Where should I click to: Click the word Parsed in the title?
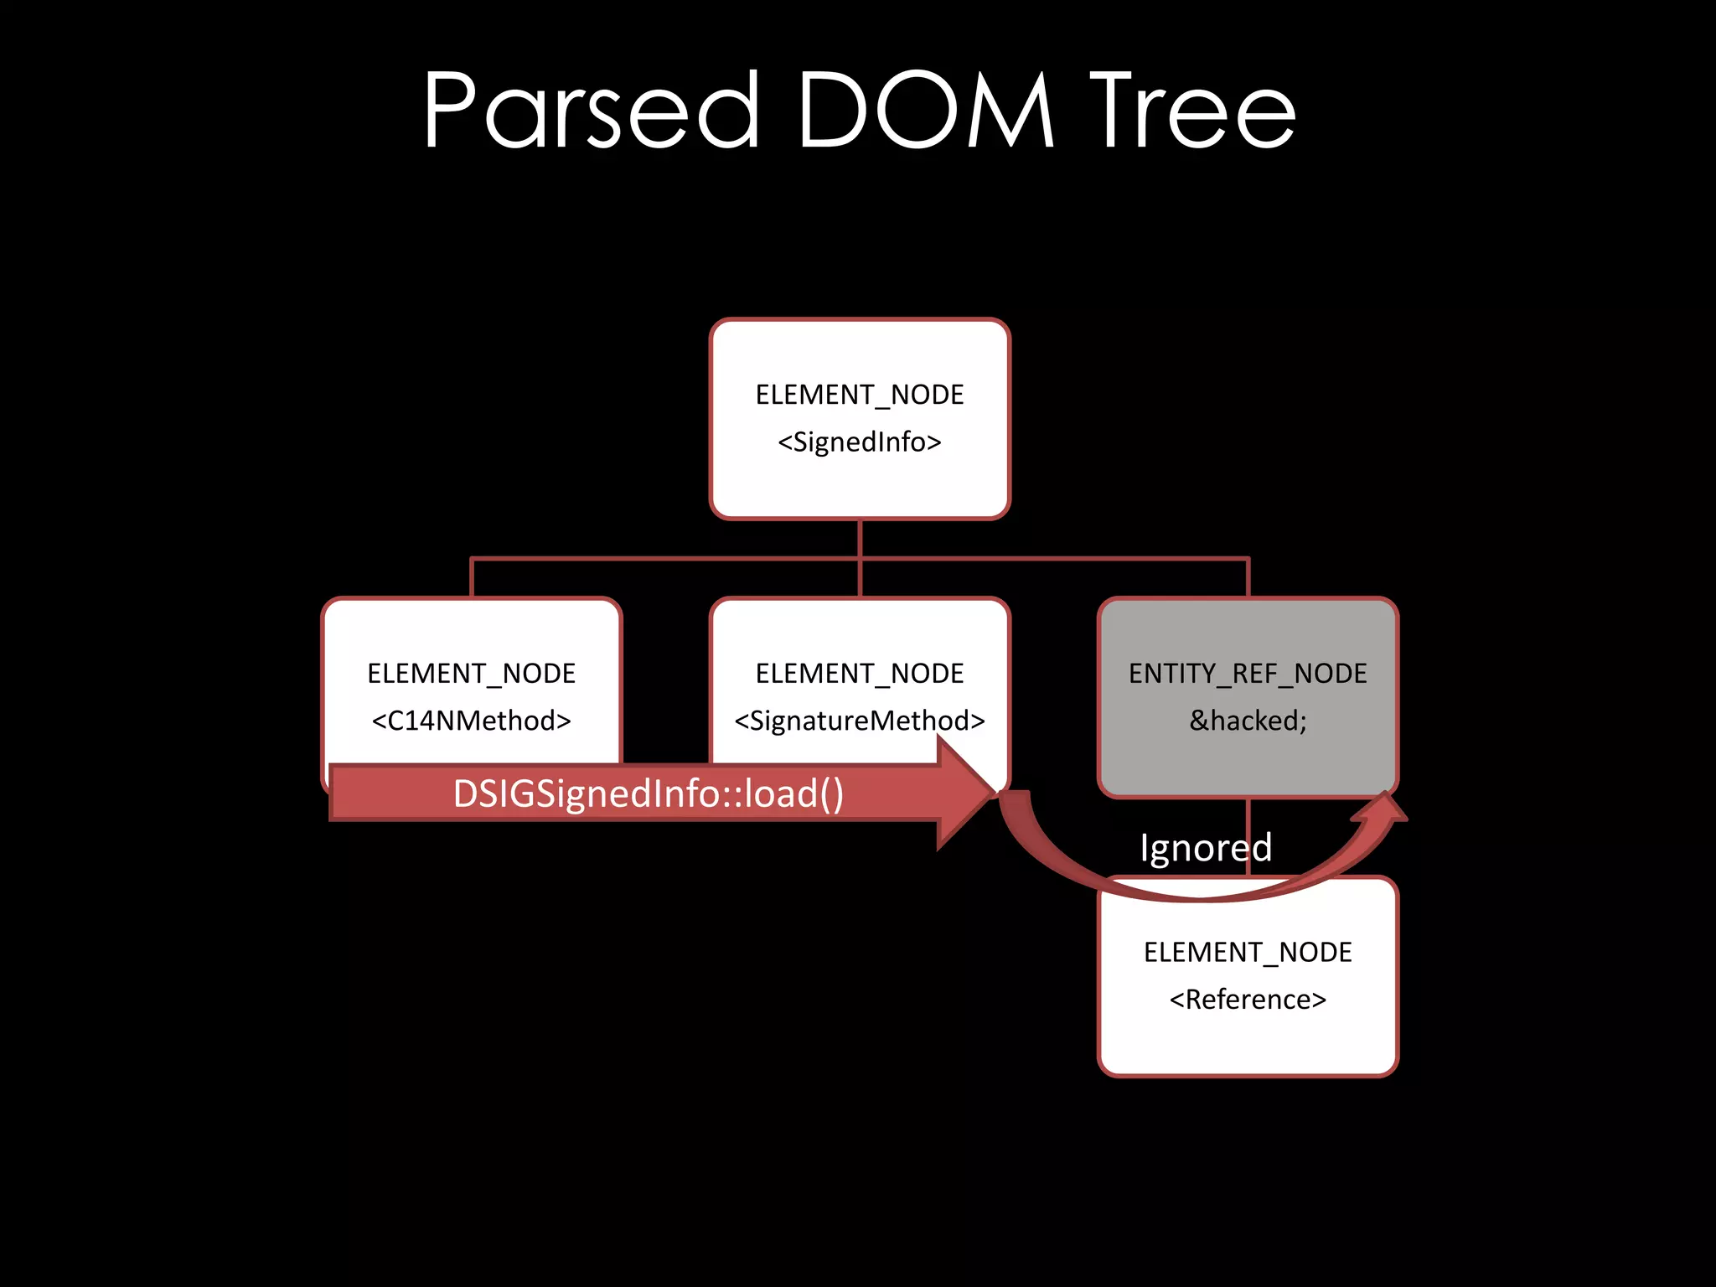click(592, 111)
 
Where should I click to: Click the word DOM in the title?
click(925, 111)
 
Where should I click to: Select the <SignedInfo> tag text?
click(860, 442)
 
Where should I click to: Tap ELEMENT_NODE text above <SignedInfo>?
click(860, 395)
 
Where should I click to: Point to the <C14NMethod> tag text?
click(471, 721)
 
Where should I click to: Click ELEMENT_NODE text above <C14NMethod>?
click(471, 674)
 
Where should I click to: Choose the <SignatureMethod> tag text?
click(860, 721)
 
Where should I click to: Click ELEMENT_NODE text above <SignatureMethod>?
click(860, 674)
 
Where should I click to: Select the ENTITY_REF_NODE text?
click(1248, 674)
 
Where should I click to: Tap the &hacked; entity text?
click(1248, 721)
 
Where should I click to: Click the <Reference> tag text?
click(1248, 1000)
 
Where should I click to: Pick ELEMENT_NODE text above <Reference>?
click(1248, 953)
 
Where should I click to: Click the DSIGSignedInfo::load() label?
click(648, 793)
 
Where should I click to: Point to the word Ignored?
click(1205, 848)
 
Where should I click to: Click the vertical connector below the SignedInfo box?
click(861, 538)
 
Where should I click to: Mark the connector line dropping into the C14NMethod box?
click(472, 578)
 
